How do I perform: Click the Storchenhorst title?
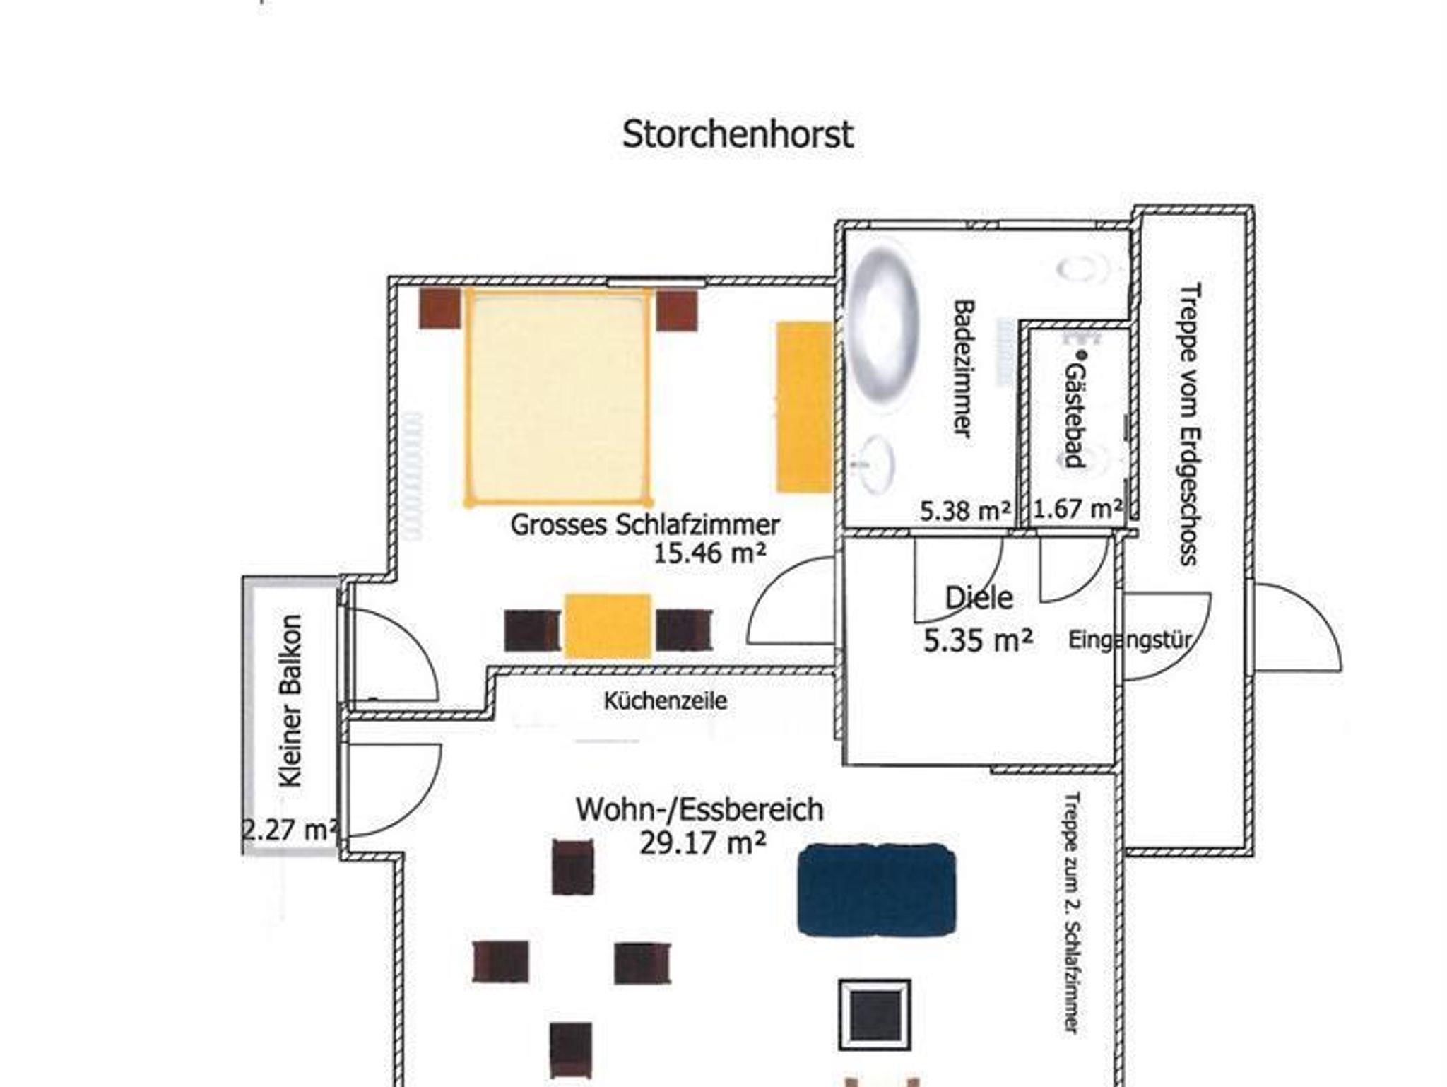738,134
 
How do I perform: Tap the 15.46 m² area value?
709,553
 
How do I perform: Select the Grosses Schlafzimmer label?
645,525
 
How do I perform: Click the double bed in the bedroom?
557,397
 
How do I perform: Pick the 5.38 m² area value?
965,510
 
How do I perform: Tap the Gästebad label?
1074,415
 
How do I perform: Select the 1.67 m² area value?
1078,509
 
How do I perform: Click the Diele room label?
979,599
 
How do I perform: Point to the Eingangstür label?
1130,640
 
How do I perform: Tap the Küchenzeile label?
665,701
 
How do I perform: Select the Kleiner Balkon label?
291,701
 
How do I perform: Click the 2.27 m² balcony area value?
290,829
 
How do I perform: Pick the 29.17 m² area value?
702,842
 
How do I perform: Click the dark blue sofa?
877,889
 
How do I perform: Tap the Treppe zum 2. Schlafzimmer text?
1072,913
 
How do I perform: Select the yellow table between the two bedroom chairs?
608,627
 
